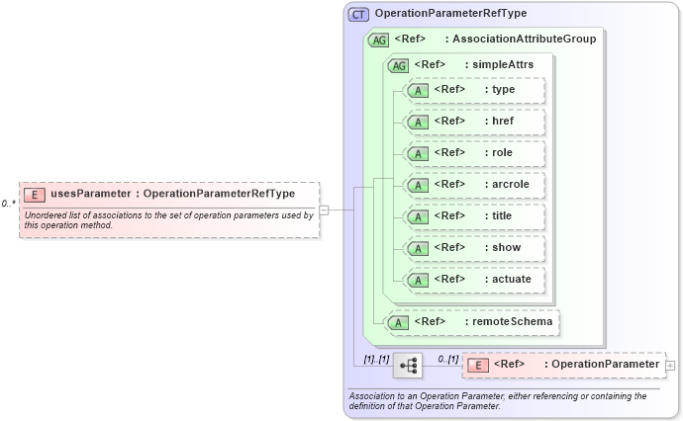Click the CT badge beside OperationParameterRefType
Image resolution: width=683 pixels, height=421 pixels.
[358, 15]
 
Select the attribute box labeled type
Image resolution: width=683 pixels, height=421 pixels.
[473, 90]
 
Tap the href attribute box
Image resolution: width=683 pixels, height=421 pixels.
[473, 122]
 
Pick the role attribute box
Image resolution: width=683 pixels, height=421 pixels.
[473, 153]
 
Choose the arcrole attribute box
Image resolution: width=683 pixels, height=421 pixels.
[473, 184]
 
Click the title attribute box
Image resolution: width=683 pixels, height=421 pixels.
[473, 215]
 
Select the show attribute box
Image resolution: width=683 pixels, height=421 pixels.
[473, 247]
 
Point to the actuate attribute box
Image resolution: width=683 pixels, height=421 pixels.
[473, 279]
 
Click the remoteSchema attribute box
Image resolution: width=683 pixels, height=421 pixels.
[472, 321]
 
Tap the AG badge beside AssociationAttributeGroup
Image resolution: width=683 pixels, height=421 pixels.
[378, 41]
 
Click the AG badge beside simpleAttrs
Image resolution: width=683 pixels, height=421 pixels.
[398, 66]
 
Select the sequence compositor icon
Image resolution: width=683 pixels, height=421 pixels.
[407, 366]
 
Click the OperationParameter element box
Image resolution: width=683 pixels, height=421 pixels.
[563, 366]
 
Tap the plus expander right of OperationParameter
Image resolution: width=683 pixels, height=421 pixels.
[671, 366]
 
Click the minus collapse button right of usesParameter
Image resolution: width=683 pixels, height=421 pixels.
[324, 210]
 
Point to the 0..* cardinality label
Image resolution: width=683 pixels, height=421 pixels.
[8, 204]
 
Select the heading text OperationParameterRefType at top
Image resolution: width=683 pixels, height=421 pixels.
[450, 14]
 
